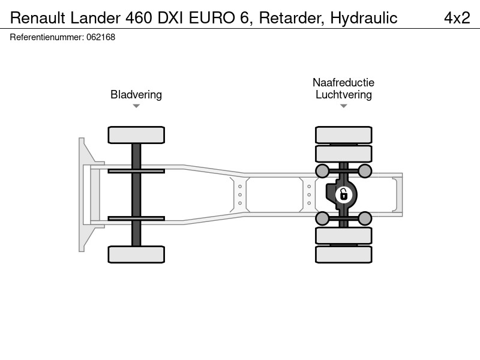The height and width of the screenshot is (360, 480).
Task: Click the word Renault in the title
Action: coord(38,18)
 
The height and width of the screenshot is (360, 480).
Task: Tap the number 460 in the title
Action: coord(139,18)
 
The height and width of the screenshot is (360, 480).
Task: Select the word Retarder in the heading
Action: coord(292,18)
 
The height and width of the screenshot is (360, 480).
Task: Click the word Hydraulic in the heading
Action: coord(364,18)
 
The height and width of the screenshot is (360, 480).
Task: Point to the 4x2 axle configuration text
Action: coord(457,18)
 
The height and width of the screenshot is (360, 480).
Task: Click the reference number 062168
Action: coord(101,37)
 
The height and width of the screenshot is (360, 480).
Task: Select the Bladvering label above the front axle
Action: coord(136,95)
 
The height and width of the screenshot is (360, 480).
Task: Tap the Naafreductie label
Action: coord(343,82)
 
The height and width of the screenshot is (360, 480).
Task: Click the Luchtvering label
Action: coord(344,95)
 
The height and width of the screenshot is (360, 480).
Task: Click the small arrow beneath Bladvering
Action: coord(136,106)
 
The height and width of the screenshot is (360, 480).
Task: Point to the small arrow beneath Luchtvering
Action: coord(344,106)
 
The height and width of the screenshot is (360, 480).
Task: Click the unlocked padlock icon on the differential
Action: coord(343,194)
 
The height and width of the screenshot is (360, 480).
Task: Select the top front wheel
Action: coord(136,135)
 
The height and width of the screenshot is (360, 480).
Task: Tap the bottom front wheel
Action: coord(136,254)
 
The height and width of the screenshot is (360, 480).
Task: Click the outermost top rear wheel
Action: coord(344,134)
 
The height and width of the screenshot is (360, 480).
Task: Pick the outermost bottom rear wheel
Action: coord(344,254)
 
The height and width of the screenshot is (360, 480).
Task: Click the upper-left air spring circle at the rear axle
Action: coord(322,171)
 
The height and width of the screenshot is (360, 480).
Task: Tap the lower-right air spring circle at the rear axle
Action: coord(365,218)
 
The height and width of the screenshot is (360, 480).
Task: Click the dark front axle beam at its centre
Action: coord(136,194)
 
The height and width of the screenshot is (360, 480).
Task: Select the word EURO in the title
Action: coord(212,18)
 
